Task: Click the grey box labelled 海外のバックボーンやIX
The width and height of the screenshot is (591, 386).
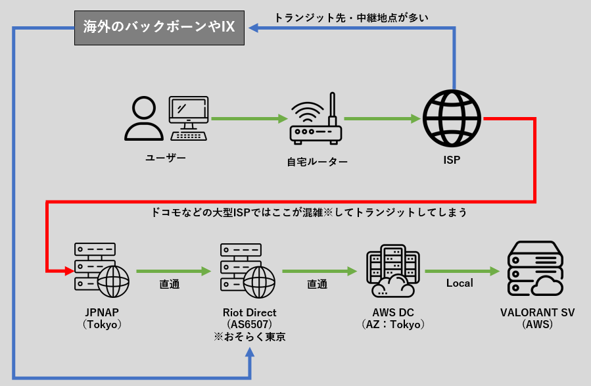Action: click(159, 28)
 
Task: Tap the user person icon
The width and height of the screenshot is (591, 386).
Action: click(144, 119)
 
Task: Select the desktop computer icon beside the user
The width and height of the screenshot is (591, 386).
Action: click(189, 118)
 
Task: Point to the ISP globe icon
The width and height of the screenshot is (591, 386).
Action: click(452, 118)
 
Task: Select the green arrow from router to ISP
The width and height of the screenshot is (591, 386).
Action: click(382, 119)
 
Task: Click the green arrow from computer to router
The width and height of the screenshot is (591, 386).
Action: click(249, 119)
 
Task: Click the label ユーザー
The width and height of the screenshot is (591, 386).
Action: click(166, 158)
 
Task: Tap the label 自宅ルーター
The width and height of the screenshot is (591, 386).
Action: click(318, 161)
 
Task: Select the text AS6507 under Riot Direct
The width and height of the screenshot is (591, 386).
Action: click(249, 325)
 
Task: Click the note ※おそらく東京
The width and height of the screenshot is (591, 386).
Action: click(249, 337)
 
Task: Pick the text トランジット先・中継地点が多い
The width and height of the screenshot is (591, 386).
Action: click(351, 18)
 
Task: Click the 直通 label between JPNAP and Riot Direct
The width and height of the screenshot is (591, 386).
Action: click(170, 285)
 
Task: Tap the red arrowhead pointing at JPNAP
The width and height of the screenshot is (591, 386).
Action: click(69, 270)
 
